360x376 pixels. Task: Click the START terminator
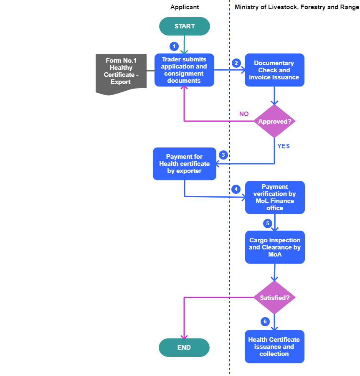pos(185,26)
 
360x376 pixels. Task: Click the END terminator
pos(184,348)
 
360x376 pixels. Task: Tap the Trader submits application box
pos(184,70)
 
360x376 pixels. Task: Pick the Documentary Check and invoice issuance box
pos(274,70)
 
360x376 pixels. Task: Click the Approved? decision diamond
pos(274,122)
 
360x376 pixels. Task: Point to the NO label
pos(244,114)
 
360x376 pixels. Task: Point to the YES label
pos(284,146)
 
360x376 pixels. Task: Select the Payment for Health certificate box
pos(185,164)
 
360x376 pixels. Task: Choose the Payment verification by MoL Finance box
pos(275,198)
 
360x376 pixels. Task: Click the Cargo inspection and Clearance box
pos(275,247)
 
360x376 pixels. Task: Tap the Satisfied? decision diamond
pos(274,298)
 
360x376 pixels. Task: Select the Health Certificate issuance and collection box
pos(274,347)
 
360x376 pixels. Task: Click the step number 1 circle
pos(174,46)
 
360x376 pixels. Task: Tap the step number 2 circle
pos(236,63)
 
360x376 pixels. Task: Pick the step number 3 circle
pos(223,155)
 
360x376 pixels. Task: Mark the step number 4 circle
pos(236,189)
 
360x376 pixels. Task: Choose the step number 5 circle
pos(268,224)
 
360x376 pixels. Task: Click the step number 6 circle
pos(265,322)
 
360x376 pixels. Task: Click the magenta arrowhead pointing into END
pos(184,336)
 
